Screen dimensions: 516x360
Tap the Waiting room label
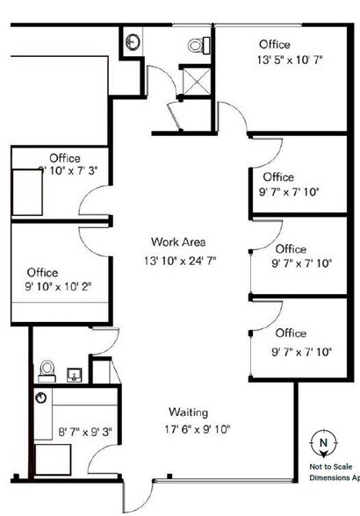[x=188, y=412]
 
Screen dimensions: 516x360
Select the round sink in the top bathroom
[x=133, y=41]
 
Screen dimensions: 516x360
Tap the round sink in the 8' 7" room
[x=40, y=398]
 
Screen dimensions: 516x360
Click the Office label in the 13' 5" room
[x=274, y=44]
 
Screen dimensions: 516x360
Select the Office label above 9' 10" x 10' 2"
[x=43, y=272]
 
